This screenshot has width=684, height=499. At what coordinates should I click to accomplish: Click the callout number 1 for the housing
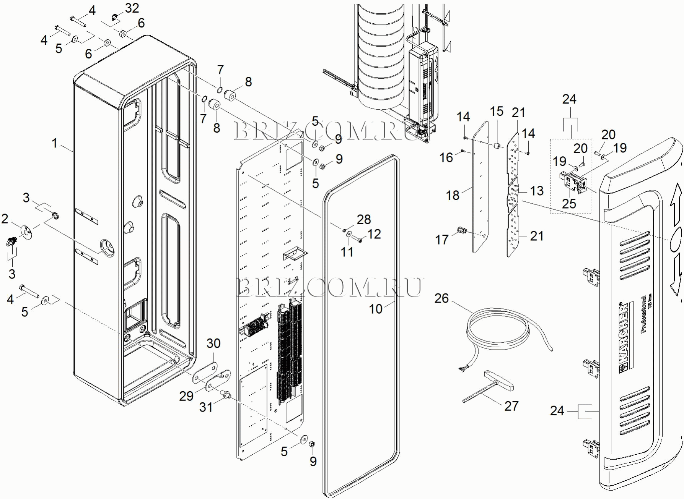click(x=55, y=143)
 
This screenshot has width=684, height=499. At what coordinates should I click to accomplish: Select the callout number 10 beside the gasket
click(x=375, y=309)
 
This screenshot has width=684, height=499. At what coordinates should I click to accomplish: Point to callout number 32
click(x=132, y=8)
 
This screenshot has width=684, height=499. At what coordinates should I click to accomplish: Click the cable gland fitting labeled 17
click(x=461, y=230)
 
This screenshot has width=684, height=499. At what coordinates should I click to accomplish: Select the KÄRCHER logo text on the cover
click(x=623, y=336)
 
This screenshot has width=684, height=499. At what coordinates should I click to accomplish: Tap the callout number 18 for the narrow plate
click(x=453, y=195)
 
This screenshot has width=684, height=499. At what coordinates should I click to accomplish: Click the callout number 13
click(x=537, y=191)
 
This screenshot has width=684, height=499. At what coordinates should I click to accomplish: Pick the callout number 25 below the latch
click(x=569, y=204)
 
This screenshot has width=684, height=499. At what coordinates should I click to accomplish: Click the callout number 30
click(x=213, y=343)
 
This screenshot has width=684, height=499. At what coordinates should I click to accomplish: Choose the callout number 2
click(x=5, y=219)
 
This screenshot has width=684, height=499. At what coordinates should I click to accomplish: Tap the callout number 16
click(x=446, y=157)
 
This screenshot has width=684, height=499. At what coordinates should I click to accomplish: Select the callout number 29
click(x=186, y=396)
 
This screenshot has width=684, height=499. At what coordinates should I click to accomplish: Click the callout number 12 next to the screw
click(x=374, y=234)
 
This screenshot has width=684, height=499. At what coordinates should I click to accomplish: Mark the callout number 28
click(x=364, y=219)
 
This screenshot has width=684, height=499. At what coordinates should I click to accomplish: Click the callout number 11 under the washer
click(x=347, y=252)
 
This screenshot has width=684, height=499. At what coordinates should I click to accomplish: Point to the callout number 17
click(x=442, y=240)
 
